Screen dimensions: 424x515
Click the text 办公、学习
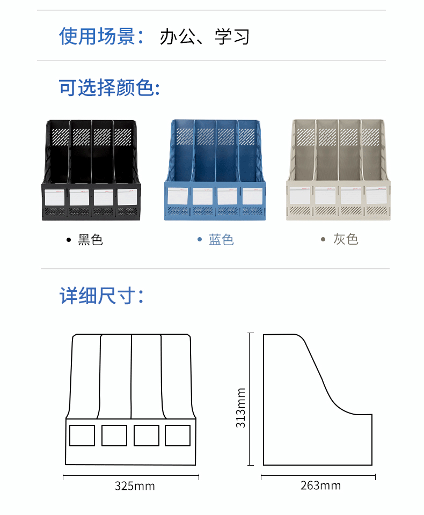(204, 37)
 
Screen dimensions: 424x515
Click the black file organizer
(91, 170)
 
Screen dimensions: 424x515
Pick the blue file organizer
(215, 170)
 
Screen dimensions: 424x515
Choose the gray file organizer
(338, 170)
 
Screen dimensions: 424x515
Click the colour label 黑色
(90, 239)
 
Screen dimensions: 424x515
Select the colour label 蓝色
(221, 239)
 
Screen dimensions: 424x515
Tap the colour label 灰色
(345, 239)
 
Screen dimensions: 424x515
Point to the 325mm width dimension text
(135, 486)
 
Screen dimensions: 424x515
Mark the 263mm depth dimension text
(320, 485)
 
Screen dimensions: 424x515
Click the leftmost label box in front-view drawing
(82, 436)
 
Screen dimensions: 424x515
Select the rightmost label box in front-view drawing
(178, 436)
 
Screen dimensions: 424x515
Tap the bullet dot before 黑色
(68, 240)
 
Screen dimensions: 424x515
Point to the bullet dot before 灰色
(323, 240)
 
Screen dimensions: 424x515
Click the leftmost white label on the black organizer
(55, 197)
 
